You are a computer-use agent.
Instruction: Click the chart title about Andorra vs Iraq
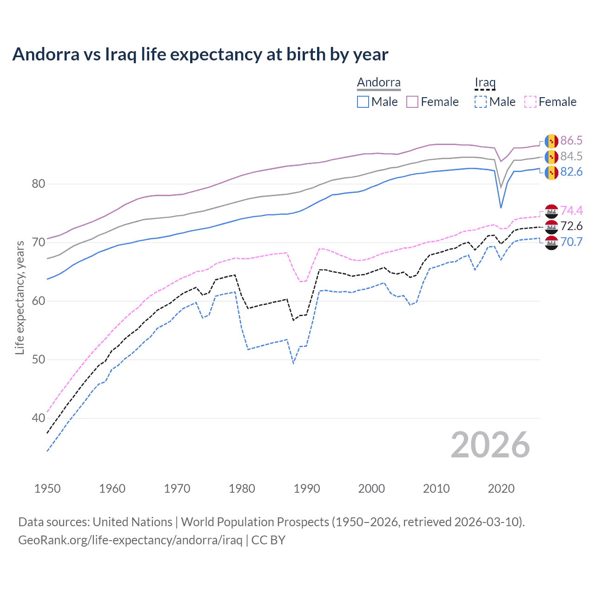pyautogui.click(x=200, y=54)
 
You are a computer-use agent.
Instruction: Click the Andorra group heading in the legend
pyautogui.click(x=378, y=83)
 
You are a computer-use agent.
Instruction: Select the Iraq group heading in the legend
pyautogui.click(x=485, y=83)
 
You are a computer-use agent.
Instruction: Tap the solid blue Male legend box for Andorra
pyautogui.click(x=363, y=102)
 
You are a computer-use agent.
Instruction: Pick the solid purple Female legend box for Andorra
pyautogui.click(x=413, y=102)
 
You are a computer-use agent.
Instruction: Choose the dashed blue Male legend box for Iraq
pyautogui.click(x=481, y=102)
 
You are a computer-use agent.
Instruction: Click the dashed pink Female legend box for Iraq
pyautogui.click(x=530, y=102)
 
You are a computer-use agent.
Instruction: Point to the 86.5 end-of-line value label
pyautogui.click(x=571, y=141)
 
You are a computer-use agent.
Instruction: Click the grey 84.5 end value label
pyautogui.click(x=571, y=157)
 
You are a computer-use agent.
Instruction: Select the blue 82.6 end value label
pyautogui.click(x=571, y=172)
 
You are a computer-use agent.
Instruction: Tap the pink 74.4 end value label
pyautogui.click(x=571, y=211)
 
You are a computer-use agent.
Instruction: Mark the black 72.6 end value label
pyautogui.click(x=571, y=226)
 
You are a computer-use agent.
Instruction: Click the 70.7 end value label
pyautogui.click(x=571, y=242)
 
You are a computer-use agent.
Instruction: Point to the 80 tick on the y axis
pyautogui.click(x=39, y=184)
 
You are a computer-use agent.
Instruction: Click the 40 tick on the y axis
pyautogui.click(x=39, y=418)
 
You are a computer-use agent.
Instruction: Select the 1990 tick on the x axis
pyautogui.click(x=307, y=489)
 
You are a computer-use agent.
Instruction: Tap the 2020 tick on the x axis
pyautogui.click(x=501, y=489)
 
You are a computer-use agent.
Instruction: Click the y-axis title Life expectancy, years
pyautogui.click(x=20, y=297)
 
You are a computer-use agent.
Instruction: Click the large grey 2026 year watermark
pyautogui.click(x=490, y=445)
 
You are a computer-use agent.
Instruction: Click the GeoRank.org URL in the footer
pyautogui.click(x=130, y=540)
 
